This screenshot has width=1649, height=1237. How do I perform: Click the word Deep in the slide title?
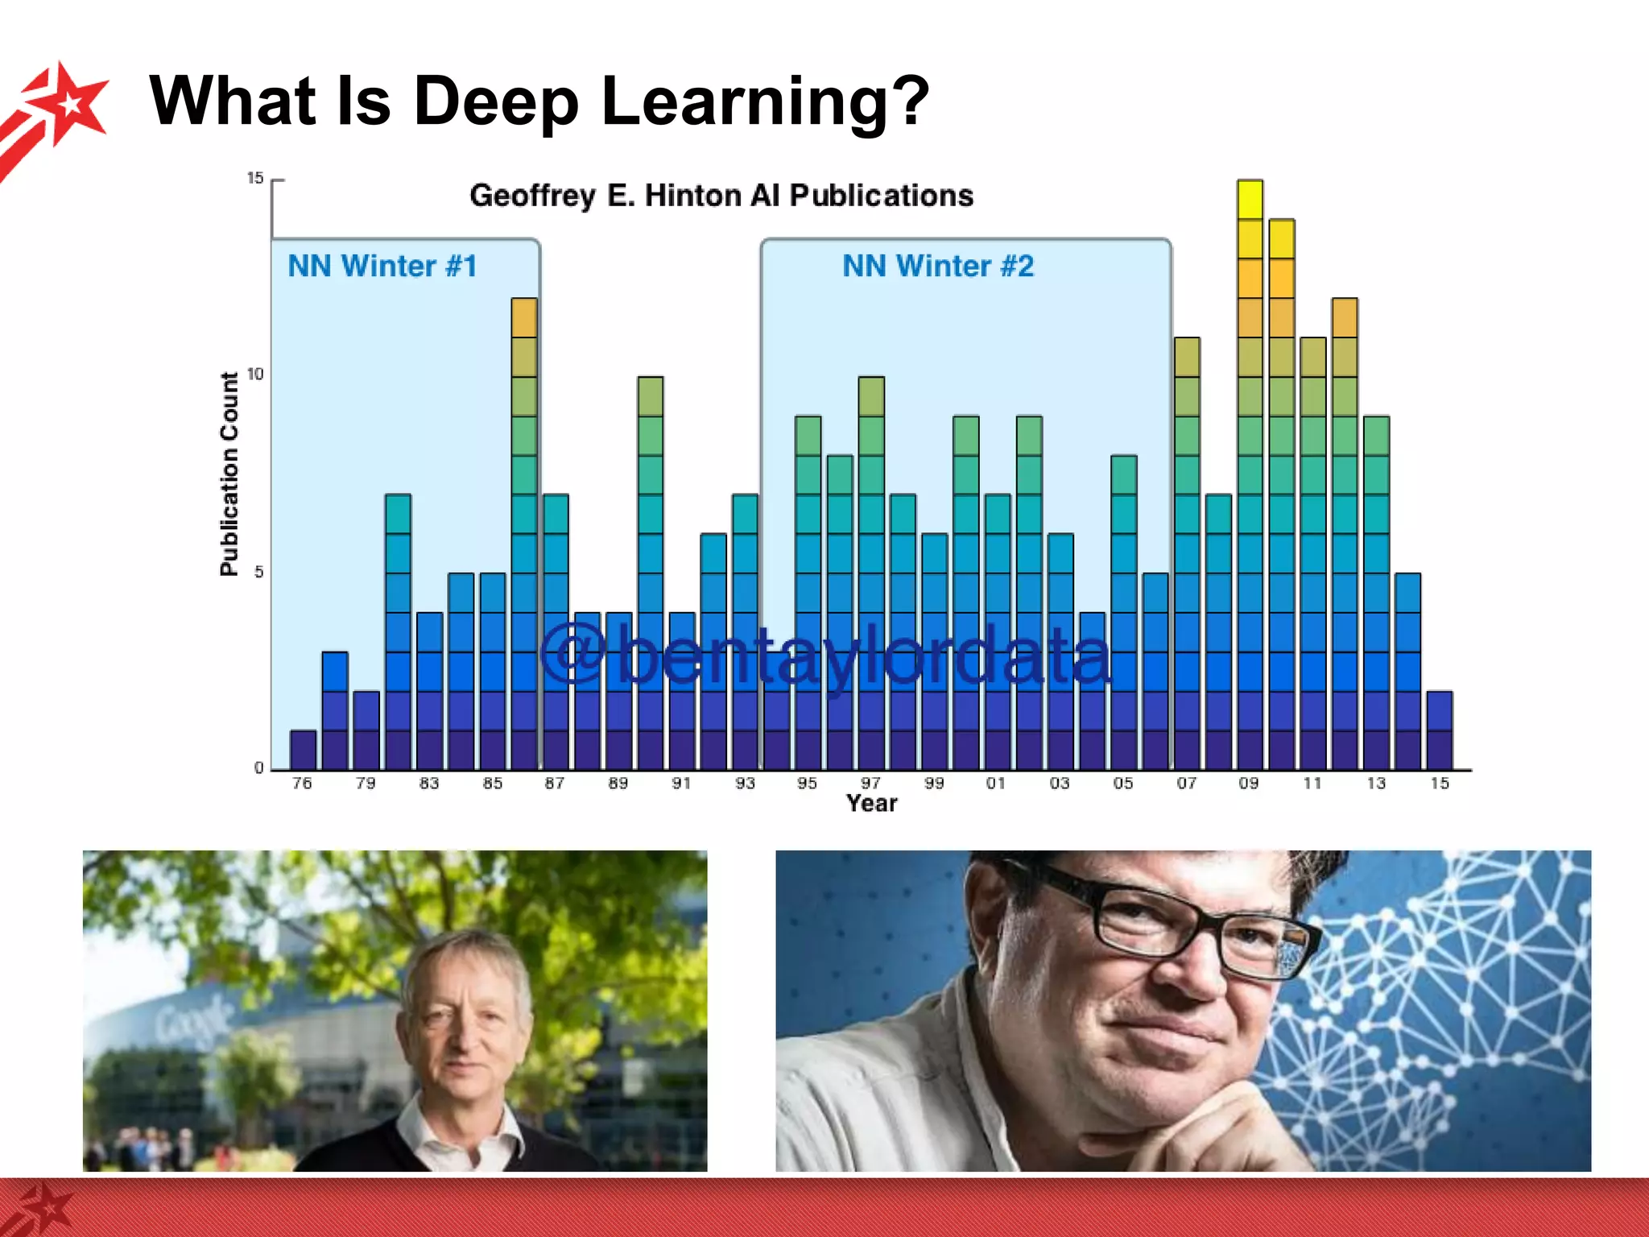(x=496, y=101)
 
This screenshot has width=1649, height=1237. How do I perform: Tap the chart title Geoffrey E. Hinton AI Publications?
(x=721, y=196)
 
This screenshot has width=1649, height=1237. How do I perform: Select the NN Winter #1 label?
(x=382, y=266)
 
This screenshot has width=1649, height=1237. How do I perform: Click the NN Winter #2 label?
(x=938, y=266)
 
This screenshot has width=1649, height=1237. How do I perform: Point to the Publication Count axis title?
(x=229, y=474)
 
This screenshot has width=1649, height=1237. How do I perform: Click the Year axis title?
(x=871, y=803)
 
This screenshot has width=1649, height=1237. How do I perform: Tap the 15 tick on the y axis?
(x=255, y=178)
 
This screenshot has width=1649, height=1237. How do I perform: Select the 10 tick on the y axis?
(x=255, y=374)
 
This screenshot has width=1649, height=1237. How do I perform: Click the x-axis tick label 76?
(x=302, y=783)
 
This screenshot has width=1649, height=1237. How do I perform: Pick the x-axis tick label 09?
(x=1249, y=783)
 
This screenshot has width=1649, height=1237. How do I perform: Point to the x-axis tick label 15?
(x=1440, y=783)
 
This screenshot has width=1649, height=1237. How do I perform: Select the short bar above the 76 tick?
(x=303, y=750)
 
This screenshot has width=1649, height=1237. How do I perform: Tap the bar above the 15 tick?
(x=1440, y=730)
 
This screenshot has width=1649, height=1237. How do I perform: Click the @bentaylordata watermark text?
(x=825, y=656)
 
